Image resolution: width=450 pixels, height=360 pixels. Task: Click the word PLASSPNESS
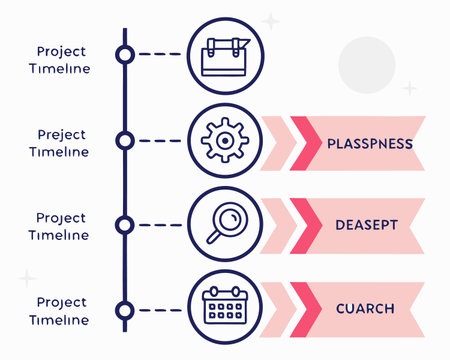370,143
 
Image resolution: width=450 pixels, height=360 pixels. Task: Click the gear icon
223,141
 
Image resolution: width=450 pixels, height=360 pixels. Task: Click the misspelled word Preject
61,134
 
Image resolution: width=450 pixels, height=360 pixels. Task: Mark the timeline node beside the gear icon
125,141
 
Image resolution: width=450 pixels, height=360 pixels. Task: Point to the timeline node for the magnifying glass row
125,224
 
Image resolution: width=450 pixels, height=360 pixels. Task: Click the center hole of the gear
223,141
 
